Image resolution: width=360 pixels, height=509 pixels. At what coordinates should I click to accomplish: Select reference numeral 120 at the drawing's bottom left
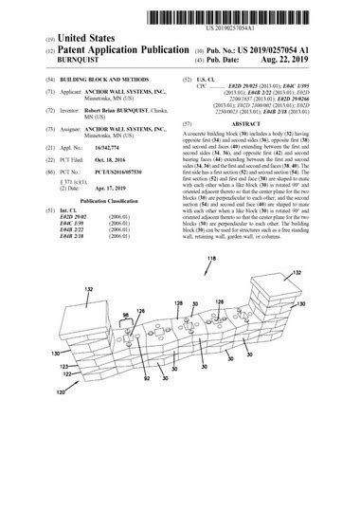coord(61,390)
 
